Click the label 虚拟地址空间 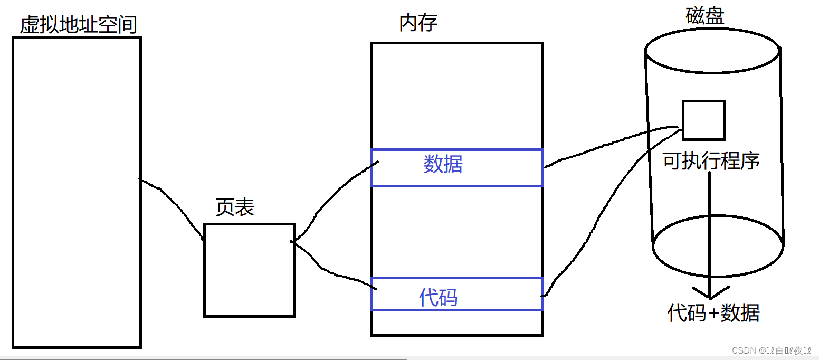pyautogui.click(x=78, y=24)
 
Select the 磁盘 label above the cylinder pyautogui.click(x=704, y=16)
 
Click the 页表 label pyautogui.click(x=235, y=207)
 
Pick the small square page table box pyautogui.click(x=249, y=270)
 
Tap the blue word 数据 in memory pyautogui.click(x=443, y=165)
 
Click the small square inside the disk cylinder pyautogui.click(x=703, y=120)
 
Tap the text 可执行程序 pyautogui.click(x=711, y=161)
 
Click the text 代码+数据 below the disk pyautogui.click(x=713, y=313)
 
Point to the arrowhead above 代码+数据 pyautogui.click(x=710, y=293)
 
